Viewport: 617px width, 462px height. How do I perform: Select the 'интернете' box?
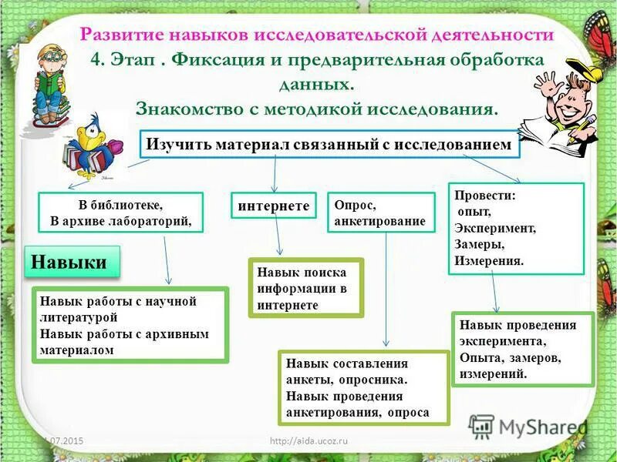click(274, 206)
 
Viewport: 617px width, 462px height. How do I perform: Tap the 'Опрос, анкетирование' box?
click(380, 213)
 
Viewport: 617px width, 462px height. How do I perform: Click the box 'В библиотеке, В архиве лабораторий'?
click(120, 213)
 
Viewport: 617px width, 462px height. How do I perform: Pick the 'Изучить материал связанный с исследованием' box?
click(329, 144)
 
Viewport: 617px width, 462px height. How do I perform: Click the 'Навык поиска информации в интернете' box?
click(305, 288)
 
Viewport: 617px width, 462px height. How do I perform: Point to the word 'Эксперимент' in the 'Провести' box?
click(495, 228)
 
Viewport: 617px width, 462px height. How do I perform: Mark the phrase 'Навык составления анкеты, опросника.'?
click(347, 371)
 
